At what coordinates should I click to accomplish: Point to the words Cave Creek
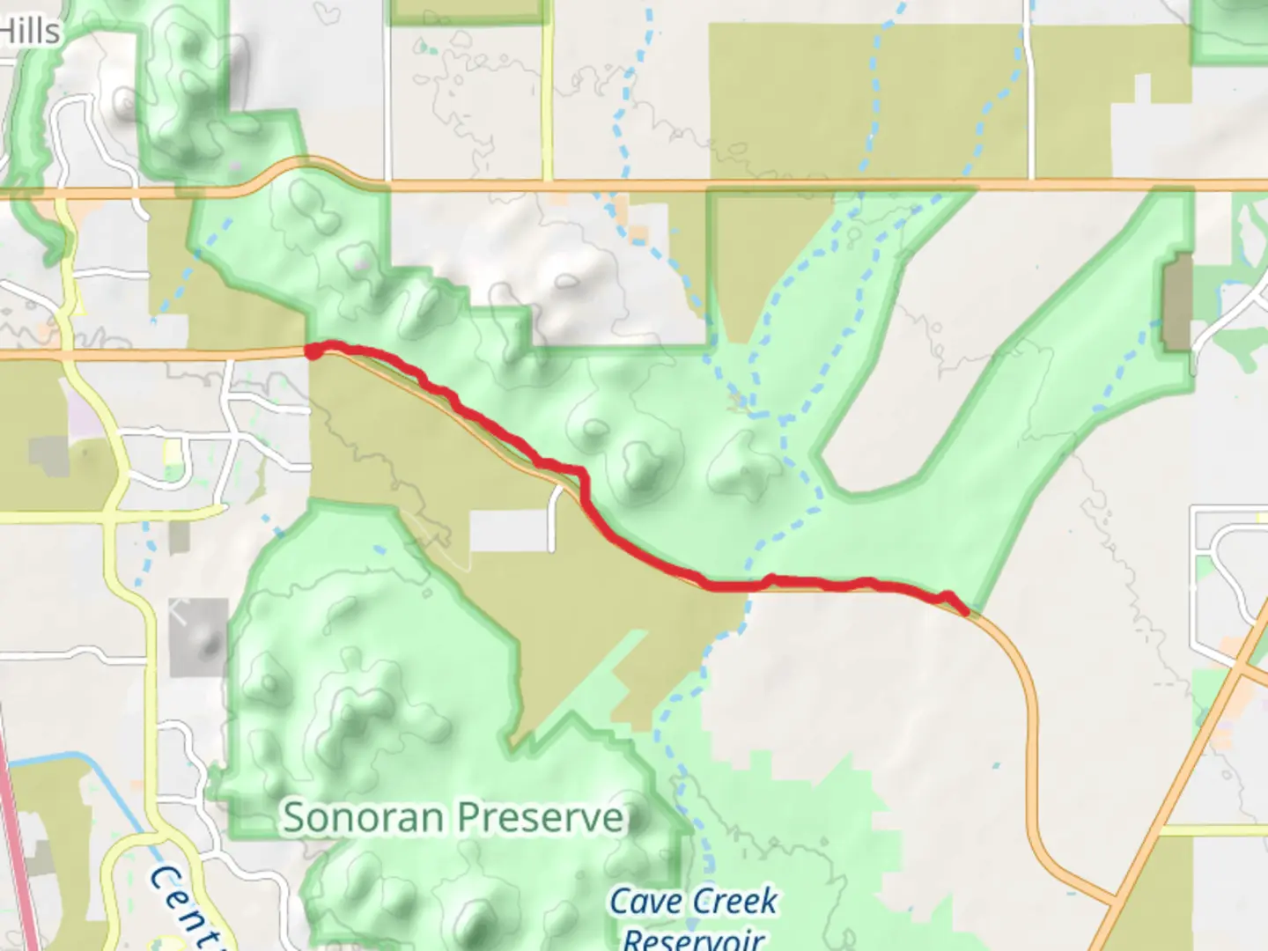(694, 902)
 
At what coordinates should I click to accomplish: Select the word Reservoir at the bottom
(693, 939)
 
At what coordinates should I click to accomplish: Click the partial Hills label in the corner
(30, 32)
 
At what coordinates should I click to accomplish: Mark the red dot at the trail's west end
(313, 351)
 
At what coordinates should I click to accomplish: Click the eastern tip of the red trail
(966, 610)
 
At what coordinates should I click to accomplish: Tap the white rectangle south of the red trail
(508, 531)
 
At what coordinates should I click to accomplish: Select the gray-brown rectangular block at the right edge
(1177, 302)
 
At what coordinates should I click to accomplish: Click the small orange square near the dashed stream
(638, 234)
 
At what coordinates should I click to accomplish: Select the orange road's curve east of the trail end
(1021, 669)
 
